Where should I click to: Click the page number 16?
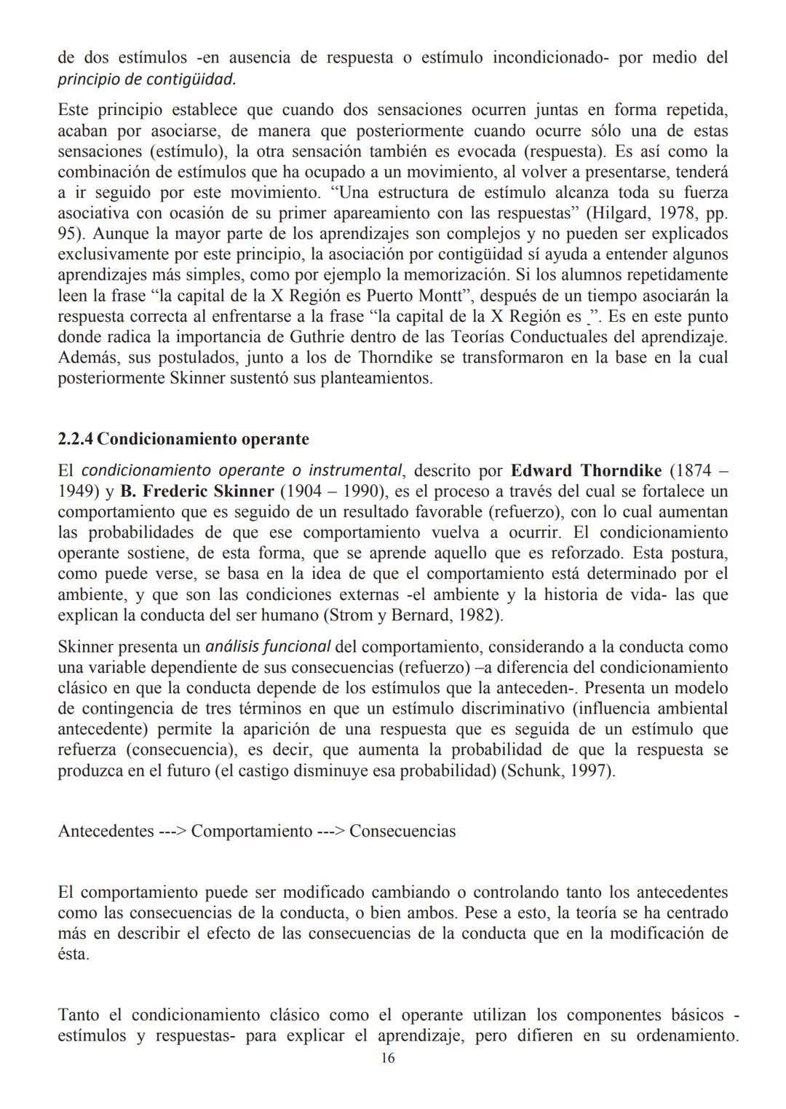coord(387,1058)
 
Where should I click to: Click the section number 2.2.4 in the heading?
coord(75,440)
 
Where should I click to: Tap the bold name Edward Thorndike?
coord(586,470)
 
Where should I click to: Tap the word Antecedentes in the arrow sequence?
coord(106,832)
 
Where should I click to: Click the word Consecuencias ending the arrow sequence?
coord(402,832)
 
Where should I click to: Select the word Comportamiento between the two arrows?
coord(251,832)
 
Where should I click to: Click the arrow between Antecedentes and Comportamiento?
coord(172,832)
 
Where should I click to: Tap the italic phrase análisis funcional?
coord(268,647)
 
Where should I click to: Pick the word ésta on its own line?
coord(73,954)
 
